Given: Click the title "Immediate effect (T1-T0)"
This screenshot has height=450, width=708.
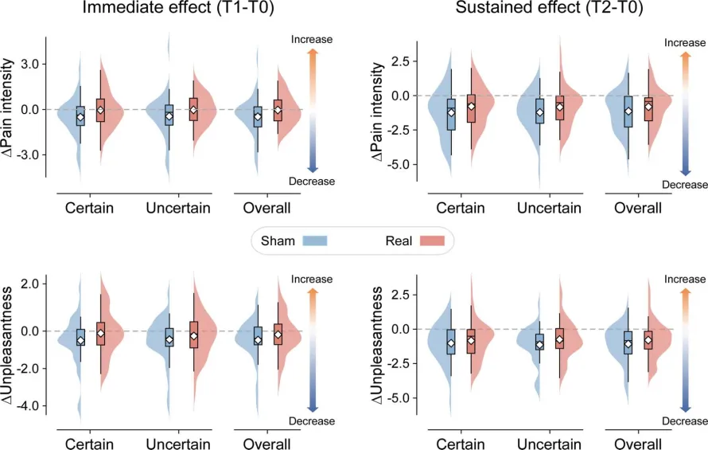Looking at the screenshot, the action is pos(178,8).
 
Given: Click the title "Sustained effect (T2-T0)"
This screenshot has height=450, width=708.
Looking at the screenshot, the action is pos(549,8).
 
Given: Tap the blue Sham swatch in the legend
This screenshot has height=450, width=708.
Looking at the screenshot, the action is pos(315,241).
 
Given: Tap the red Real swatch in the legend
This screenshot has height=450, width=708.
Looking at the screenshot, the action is pos(432,241).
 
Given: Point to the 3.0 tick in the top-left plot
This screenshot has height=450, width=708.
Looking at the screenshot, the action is pos(29,65).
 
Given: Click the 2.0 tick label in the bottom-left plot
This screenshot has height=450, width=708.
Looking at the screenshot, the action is pos(29,284).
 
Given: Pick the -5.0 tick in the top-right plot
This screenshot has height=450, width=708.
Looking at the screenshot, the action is pos(399,165).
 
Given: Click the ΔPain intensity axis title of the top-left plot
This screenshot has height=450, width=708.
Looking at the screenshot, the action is pos(8,108).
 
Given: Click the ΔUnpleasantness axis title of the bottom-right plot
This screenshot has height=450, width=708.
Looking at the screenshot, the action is pos(376,345).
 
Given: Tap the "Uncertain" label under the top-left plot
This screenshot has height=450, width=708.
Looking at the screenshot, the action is pos(178,208).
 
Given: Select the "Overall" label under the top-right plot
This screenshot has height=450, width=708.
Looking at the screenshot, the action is pos(638,208).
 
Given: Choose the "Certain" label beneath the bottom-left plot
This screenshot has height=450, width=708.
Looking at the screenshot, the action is pos(89,444).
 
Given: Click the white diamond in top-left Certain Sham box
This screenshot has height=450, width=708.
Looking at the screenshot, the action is pos(80,117).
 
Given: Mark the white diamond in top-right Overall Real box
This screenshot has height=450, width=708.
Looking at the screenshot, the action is pos(648,107).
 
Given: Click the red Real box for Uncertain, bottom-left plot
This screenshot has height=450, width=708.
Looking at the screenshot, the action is pos(194,335).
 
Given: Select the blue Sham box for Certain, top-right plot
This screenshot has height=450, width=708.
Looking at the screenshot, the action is pos(451,115).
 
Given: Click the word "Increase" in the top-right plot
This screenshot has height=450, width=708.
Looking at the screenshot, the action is pos(684,43).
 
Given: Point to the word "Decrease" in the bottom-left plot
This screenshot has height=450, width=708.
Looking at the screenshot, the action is pos(312,421).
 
